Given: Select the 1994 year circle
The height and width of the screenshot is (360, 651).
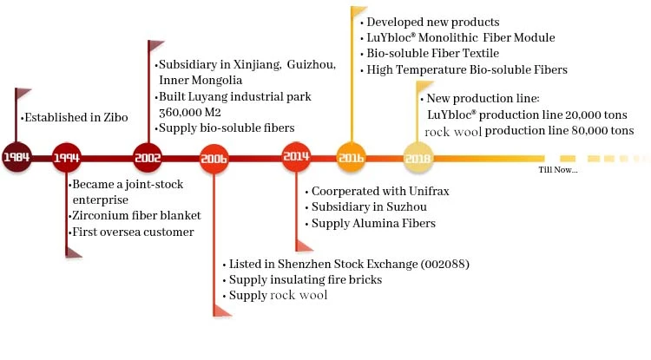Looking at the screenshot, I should [x=68, y=158].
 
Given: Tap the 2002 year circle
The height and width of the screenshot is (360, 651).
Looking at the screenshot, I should [x=148, y=158].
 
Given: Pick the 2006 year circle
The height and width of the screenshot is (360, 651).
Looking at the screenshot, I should [x=214, y=158].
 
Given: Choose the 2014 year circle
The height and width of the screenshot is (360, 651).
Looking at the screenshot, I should [x=296, y=158].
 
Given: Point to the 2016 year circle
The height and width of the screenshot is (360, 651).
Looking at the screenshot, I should [x=350, y=158].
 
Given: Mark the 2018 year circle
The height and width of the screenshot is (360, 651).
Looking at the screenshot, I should [x=418, y=158].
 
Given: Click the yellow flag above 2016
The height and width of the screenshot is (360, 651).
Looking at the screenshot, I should [x=358, y=15].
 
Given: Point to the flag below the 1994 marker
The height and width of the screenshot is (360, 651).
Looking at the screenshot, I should [x=75, y=252].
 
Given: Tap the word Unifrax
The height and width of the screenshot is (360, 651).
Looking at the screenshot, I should [x=410, y=191].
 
